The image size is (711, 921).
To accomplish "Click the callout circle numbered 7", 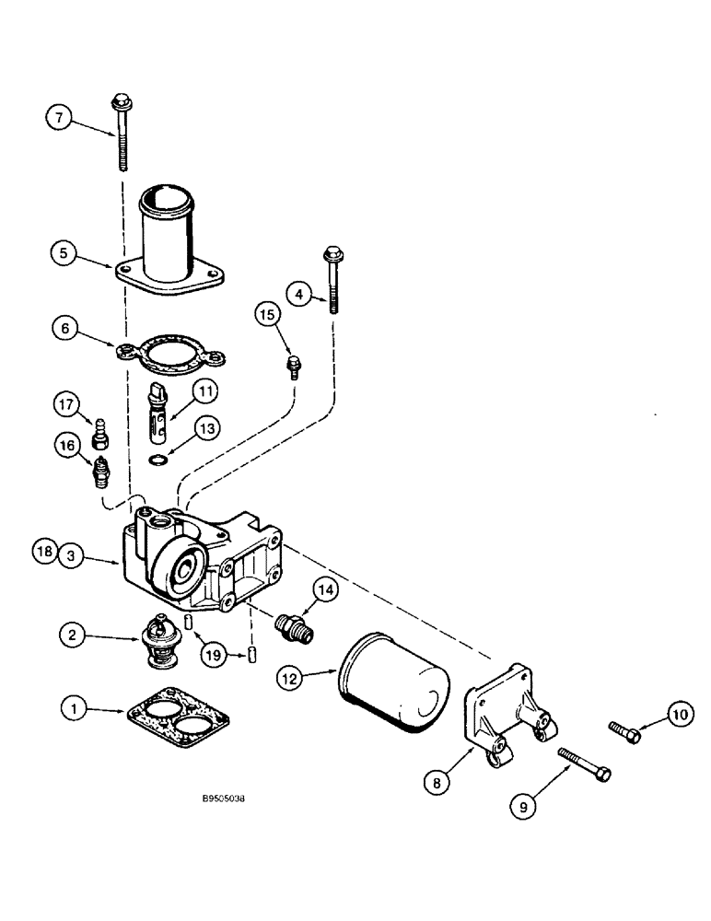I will [x=59, y=118].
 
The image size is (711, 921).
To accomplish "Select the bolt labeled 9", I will [x=584, y=764].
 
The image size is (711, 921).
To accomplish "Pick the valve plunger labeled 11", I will [x=160, y=410].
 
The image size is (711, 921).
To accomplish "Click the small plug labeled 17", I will [x=99, y=427].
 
